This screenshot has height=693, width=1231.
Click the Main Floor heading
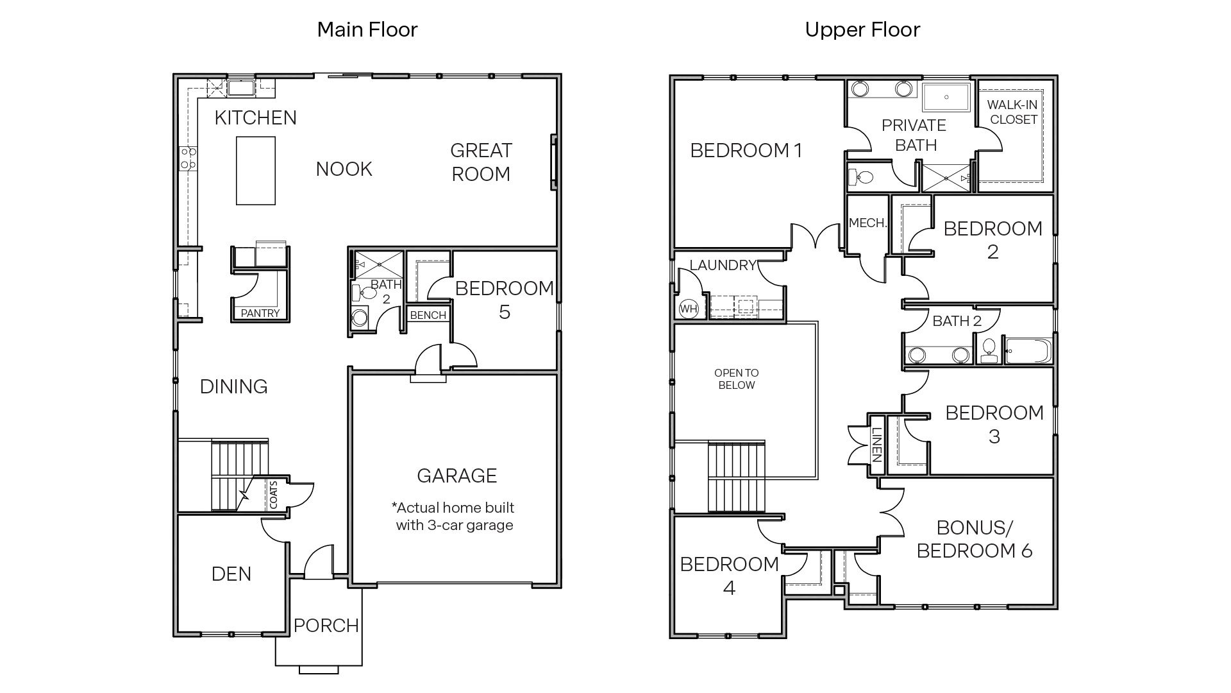point(367,30)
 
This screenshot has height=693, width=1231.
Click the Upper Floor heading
point(862,30)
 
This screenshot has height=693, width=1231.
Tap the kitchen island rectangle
point(255,171)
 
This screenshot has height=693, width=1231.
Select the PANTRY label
point(260,313)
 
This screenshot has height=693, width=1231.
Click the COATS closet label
point(274,495)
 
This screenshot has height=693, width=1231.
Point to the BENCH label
point(428,315)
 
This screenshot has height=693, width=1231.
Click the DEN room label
point(231,574)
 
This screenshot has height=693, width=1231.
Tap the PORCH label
point(326,625)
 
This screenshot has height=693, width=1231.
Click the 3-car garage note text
point(454,517)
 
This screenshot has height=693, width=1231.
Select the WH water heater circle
point(688,309)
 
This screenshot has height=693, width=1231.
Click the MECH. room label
point(867,223)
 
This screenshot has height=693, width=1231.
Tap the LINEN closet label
point(876,445)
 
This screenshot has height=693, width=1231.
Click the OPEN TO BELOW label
point(736,379)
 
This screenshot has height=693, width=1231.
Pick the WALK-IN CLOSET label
point(1012,112)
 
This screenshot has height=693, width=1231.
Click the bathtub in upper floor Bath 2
point(1028,352)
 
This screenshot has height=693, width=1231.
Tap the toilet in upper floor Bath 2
point(989,350)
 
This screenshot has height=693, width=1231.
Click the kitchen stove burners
point(188,158)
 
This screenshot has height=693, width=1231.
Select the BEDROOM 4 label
point(729,576)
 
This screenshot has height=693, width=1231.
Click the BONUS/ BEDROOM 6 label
point(974,539)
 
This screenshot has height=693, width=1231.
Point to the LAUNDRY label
point(723,265)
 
